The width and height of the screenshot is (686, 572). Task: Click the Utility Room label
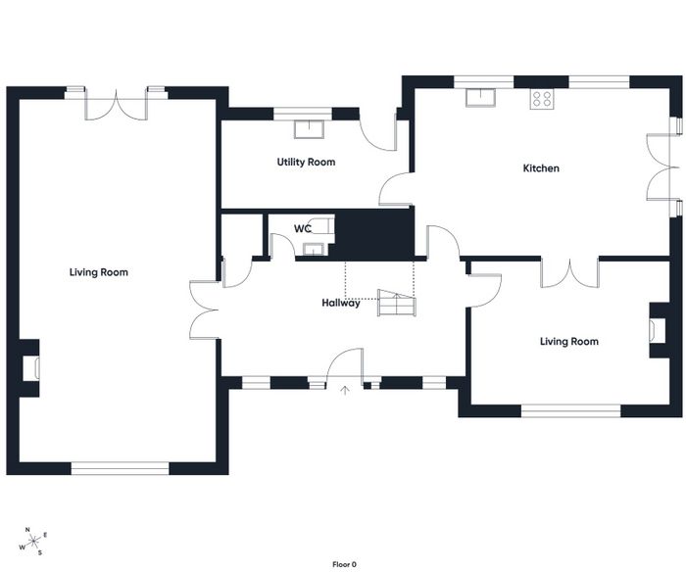(x=306, y=163)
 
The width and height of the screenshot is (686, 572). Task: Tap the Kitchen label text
(x=541, y=168)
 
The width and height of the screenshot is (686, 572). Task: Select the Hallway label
(x=341, y=303)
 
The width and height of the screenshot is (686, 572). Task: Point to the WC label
(x=303, y=229)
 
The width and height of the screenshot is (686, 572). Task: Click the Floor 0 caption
(x=344, y=564)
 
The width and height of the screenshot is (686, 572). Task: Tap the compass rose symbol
(x=33, y=542)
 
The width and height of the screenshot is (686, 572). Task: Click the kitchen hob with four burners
(x=542, y=99)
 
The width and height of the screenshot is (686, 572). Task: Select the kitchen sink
(x=480, y=97)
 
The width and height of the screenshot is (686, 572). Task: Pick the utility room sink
(x=309, y=129)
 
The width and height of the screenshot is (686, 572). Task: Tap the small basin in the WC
(x=314, y=249)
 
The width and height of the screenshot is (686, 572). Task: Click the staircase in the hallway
(x=397, y=303)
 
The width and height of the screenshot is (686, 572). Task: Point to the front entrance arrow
(x=345, y=391)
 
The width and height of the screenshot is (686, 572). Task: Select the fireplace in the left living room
(x=36, y=367)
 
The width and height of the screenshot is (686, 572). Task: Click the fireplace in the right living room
(x=654, y=330)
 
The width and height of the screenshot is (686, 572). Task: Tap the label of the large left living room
(x=99, y=272)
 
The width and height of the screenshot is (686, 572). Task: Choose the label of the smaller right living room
(x=569, y=342)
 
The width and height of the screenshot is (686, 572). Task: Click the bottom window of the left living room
(x=120, y=469)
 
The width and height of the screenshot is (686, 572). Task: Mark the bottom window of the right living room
(x=571, y=411)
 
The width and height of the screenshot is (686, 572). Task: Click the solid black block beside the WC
(x=374, y=234)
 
